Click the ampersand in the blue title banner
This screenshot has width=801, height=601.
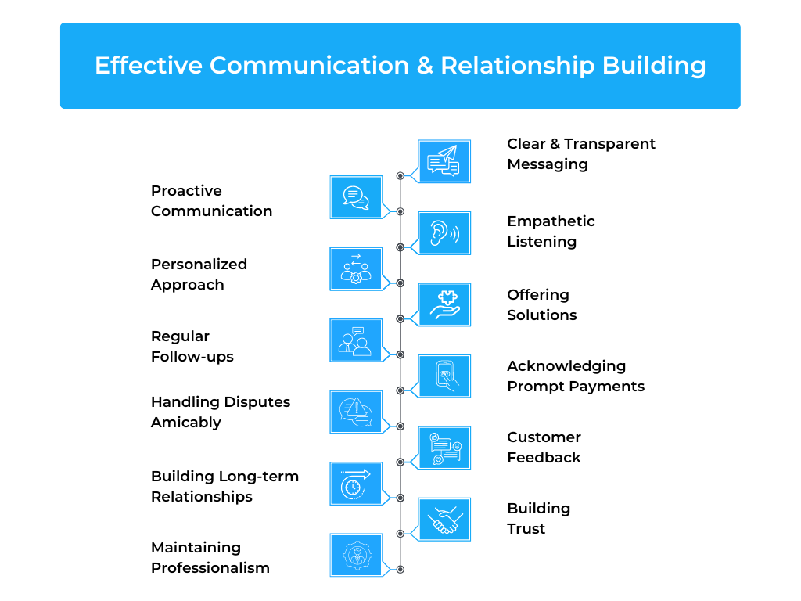pos(425,66)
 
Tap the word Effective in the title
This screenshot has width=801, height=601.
pos(149,66)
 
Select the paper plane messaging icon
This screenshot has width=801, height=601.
pos(444,161)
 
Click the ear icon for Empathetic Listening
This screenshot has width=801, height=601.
pos(444,232)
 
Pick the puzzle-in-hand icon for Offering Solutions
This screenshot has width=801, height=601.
pos(444,304)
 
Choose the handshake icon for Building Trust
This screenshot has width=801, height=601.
pos(444,520)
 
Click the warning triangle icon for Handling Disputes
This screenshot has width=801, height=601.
pos(356,412)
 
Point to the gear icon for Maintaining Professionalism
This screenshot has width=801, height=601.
pos(356,555)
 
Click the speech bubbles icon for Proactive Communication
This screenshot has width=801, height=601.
pos(356,197)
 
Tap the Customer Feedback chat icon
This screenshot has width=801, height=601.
pos(444,448)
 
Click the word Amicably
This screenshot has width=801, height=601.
pos(186,423)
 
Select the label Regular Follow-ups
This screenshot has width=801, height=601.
pos(192,347)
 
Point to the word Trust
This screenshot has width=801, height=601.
pos(526,528)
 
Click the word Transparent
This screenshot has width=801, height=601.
pos(610,144)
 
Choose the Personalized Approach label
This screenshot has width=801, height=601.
pos(199,275)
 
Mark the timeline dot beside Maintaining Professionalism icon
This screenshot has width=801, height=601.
pos(400,570)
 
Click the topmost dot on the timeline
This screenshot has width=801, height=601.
pos(400,176)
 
